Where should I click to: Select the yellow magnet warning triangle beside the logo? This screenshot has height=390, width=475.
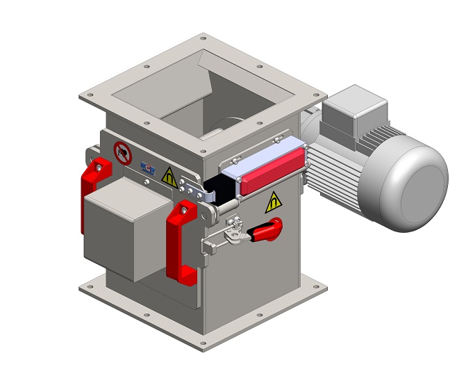(x=169, y=179)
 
